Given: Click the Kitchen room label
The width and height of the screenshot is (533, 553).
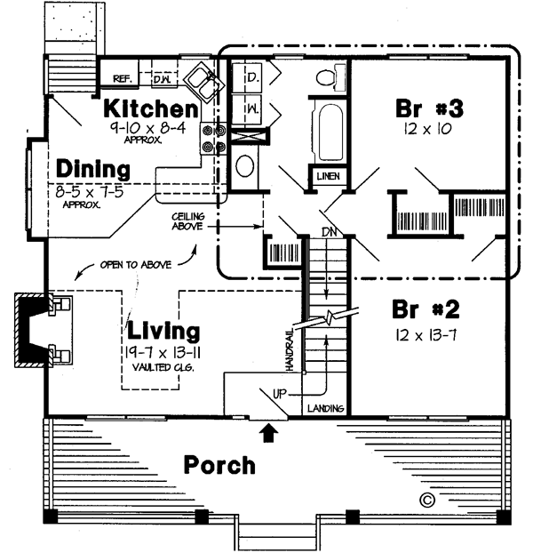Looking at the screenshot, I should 150,109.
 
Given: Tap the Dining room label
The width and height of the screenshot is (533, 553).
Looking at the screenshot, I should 93,169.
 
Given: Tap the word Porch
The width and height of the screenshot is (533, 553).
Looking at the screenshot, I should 219,464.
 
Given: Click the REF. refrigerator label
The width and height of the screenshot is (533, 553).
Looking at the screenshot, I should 123,79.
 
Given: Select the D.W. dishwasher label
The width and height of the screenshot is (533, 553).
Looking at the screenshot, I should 162,79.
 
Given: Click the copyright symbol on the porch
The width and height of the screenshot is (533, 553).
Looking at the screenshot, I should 427,499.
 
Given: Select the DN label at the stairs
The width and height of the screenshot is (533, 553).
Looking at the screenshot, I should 327,232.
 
